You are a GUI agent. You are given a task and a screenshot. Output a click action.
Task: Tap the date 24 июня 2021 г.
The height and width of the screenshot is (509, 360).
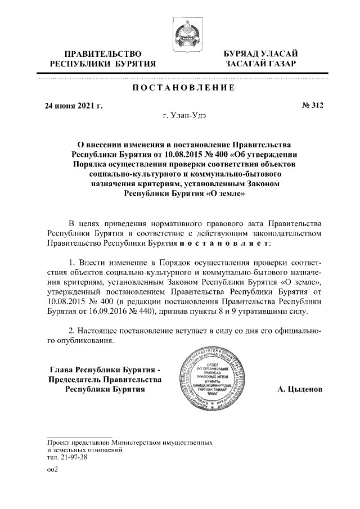coord(74,105)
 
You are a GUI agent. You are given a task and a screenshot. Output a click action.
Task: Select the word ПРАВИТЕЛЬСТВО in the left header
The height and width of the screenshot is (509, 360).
coord(101,53)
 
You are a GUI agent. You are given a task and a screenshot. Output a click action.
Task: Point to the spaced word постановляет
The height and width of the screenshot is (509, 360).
coord(224,244)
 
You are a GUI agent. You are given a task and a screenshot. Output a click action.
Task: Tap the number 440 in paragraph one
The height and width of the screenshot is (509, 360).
coord(141,311)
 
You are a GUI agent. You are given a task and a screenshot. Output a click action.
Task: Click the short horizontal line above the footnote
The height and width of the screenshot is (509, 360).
coord(80,436)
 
